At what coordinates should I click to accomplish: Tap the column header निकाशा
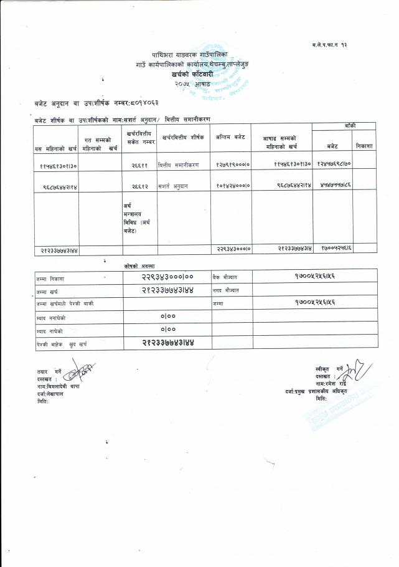tap(365, 146)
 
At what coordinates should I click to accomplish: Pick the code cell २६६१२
tap(139, 186)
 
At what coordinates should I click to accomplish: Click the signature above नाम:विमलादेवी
tap(77, 374)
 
